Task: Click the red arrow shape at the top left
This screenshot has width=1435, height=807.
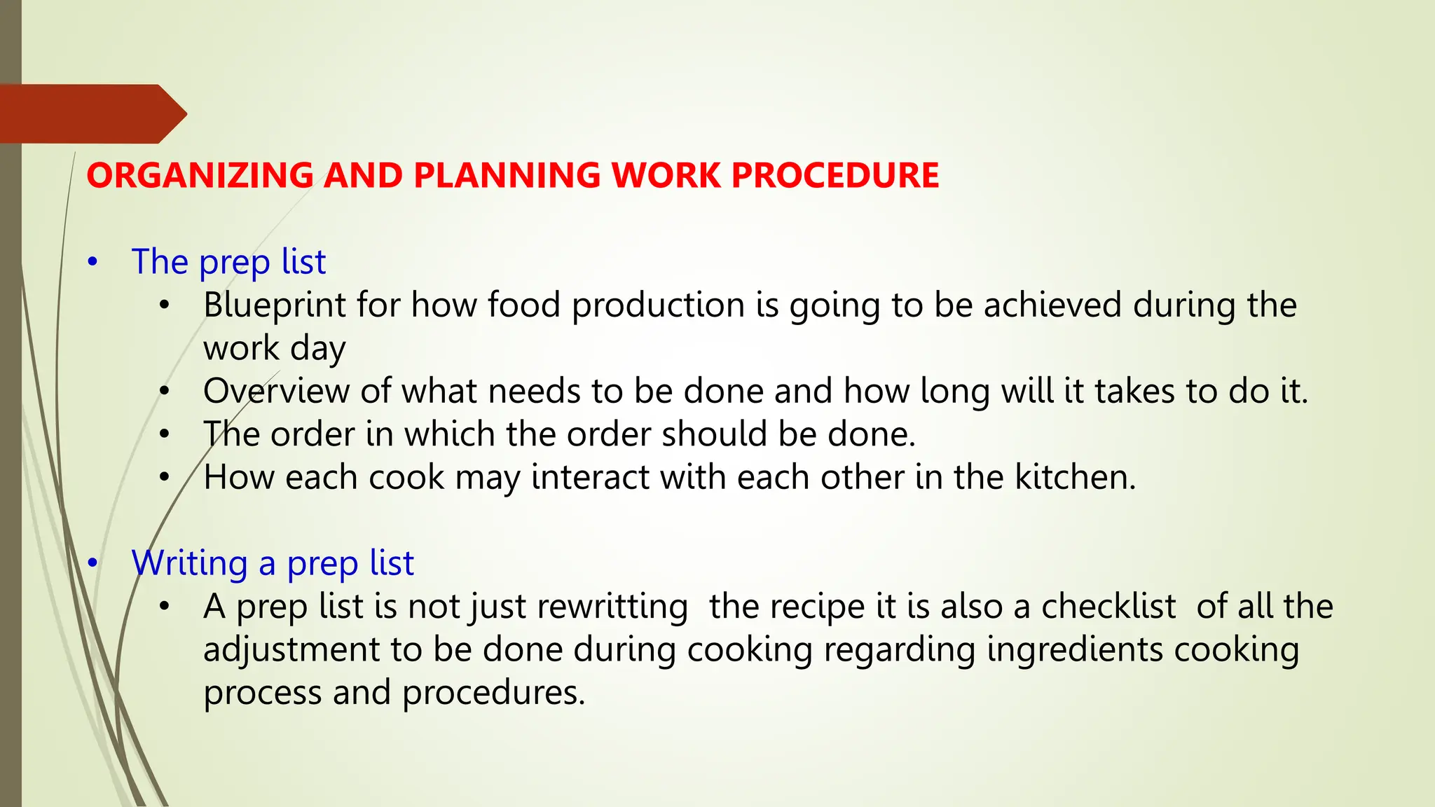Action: (x=91, y=113)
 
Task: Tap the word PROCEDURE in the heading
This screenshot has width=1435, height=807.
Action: (x=835, y=175)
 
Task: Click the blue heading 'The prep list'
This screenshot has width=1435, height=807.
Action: (x=228, y=262)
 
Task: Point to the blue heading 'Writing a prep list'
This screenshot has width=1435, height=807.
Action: (x=273, y=563)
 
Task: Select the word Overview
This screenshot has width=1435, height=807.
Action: (x=276, y=391)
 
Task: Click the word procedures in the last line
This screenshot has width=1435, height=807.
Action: (x=493, y=693)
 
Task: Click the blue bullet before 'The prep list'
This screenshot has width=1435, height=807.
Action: (x=92, y=263)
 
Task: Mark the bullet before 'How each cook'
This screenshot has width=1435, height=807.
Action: (x=164, y=478)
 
